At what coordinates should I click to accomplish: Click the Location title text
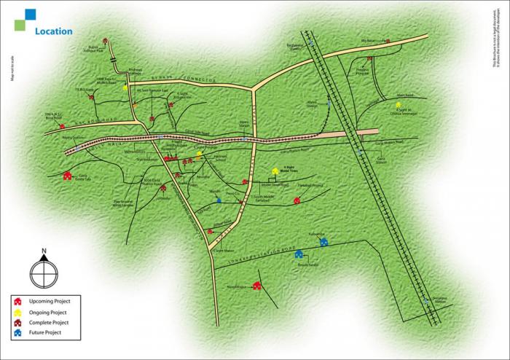point(53,32)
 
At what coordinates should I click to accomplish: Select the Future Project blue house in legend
point(17,332)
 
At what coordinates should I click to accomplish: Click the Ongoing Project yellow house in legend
point(17,311)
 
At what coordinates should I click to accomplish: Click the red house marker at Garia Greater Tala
point(68,175)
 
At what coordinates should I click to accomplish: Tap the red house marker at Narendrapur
point(256,286)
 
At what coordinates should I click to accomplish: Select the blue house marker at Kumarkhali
point(323,241)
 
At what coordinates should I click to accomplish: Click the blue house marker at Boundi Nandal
point(299,254)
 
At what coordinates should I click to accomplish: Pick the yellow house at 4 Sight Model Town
point(275,172)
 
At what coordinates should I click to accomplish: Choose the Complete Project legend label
point(49,322)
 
